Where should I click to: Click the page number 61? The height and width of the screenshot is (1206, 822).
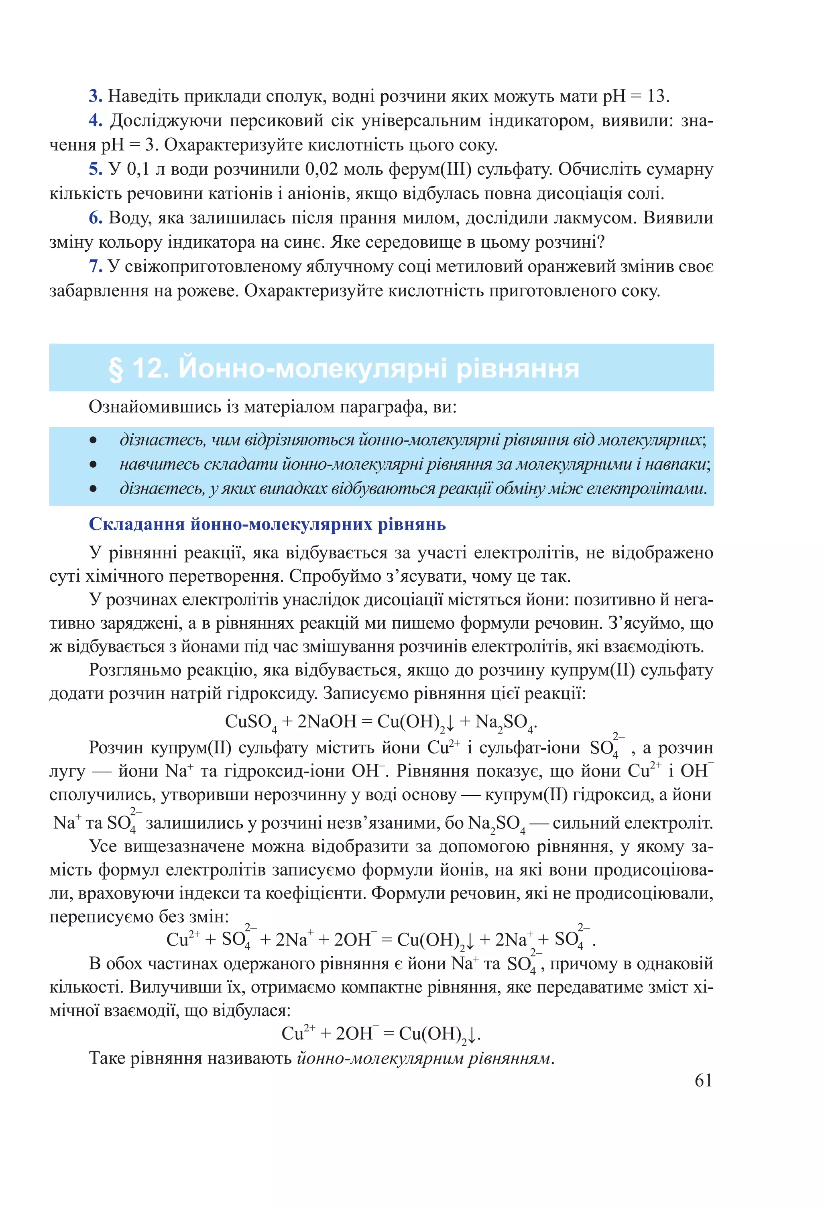703,1080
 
